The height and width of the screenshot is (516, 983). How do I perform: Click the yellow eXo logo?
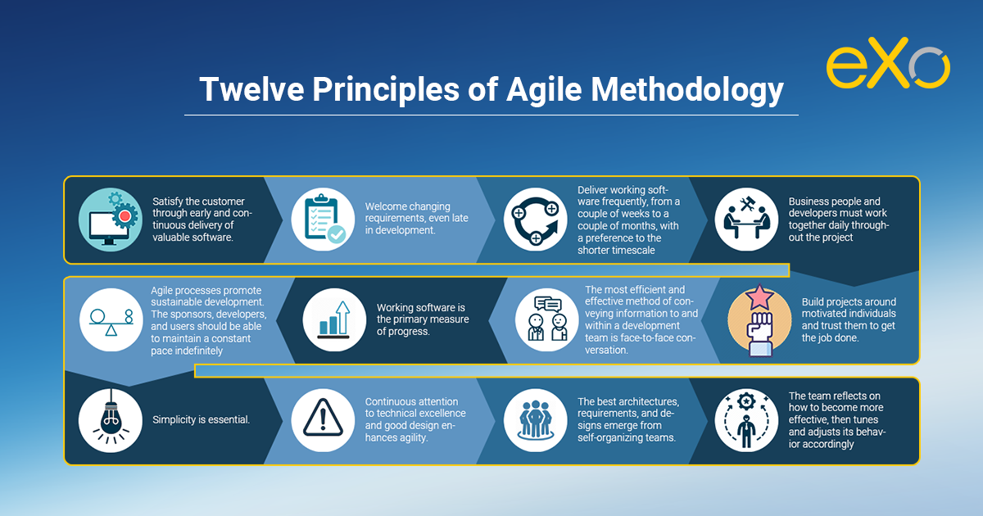pyautogui.click(x=888, y=63)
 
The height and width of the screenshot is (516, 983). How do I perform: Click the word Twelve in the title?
pyautogui.click(x=251, y=89)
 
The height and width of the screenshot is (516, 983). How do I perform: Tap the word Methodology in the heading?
pyautogui.click(x=687, y=90)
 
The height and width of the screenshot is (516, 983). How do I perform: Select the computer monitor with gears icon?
pyautogui.click(x=111, y=220)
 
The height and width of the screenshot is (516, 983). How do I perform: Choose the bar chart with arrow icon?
pyautogui.click(x=334, y=320)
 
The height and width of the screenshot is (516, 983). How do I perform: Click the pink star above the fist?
pyautogui.click(x=759, y=297)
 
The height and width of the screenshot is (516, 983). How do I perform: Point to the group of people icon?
pyautogui.click(x=536, y=420)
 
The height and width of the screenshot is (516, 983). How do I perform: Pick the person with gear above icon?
pyautogui.click(x=746, y=420)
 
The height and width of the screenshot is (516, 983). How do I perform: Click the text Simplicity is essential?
pyautogui.click(x=201, y=420)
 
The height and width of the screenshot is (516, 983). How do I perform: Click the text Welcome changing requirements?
pyautogui.click(x=408, y=212)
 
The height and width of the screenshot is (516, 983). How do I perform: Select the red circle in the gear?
pyautogui.click(x=125, y=216)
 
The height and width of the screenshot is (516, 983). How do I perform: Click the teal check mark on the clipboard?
pyautogui.click(x=337, y=235)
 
